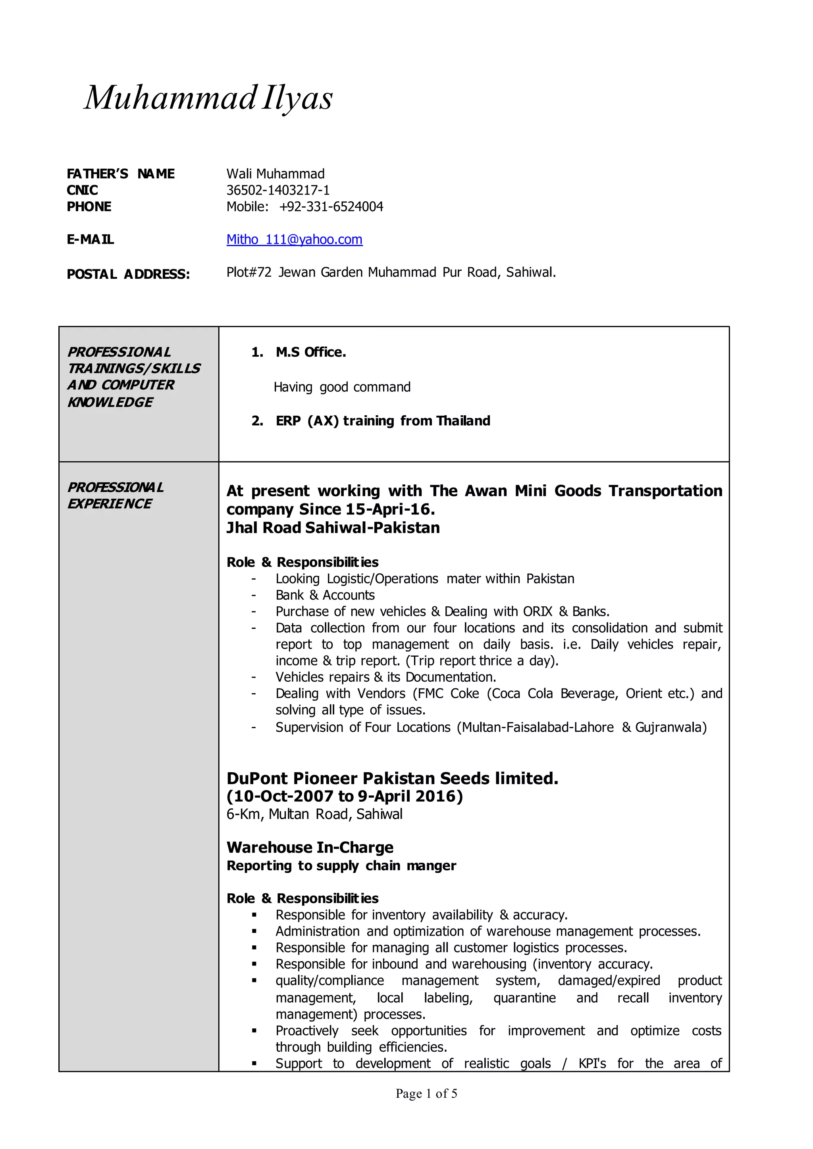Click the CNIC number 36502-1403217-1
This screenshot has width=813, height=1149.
click(x=278, y=190)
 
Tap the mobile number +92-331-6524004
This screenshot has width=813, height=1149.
click(x=331, y=207)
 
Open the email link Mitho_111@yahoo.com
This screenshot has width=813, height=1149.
click(x=295, y=239)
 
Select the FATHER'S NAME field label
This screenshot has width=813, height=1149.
click(x=121, y=174)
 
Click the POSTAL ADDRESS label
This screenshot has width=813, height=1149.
click(x=128, y=274)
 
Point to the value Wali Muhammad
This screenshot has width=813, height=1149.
click(x=275, y=174)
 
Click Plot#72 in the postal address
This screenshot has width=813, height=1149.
click(x=249, y=272)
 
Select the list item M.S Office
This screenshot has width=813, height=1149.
click(x=310, y=353)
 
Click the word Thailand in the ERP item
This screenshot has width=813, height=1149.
click(x=463, y=421)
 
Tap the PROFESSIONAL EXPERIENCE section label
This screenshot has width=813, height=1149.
click(x=115, y=495)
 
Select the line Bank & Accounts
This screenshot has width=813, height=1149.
click(x=325, y=595)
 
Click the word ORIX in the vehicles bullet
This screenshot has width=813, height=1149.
click(x=537, y=612)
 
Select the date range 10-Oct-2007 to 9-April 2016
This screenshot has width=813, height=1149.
click(x=345, y=796)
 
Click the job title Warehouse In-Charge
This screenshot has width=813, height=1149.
click(x=310, y=848)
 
